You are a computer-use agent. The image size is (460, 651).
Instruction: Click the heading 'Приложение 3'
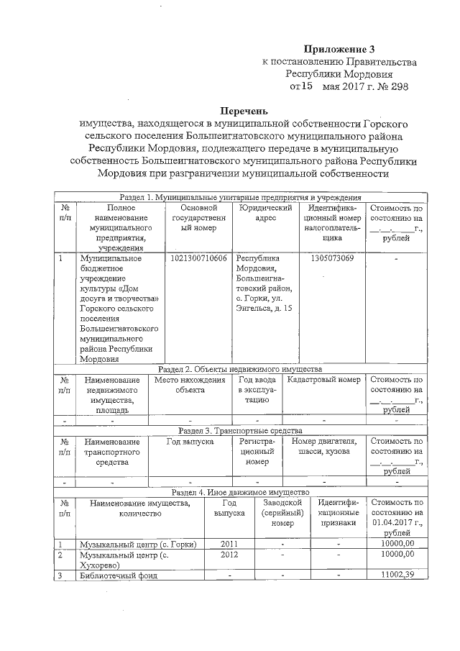pyautogui.click(x=339, y=50)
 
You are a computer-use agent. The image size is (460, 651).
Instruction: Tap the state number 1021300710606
pyautogui.click(x=199, y=258)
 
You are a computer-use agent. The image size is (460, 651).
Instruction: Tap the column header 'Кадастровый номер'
pyautogui.click(x=323, y=380)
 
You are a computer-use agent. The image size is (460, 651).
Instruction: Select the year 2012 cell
pyautogui.click(x=229, y=555)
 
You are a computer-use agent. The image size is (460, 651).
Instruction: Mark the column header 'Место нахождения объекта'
pyautogui.click(x=190, y=385)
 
